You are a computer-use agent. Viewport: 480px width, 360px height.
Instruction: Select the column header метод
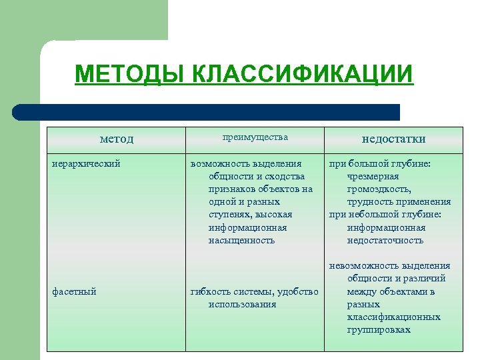click(117, 139)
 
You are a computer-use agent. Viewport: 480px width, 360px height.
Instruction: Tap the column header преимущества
click(255, 137)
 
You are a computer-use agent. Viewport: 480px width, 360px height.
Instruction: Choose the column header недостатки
click(393, 139)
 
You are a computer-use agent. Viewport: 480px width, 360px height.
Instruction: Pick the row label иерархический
click(86, 163)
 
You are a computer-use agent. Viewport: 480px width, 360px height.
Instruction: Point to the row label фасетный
click(74, 291)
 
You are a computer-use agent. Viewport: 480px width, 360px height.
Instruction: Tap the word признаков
click(230, 189)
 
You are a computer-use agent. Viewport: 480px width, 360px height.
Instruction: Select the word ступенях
click(228, 215)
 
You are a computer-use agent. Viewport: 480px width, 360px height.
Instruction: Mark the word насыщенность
click(241, 240)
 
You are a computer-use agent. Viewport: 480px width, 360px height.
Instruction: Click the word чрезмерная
click(373, 176)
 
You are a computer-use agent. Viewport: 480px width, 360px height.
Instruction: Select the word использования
click(242, 304)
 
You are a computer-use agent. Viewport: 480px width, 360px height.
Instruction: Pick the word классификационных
click(393, 317)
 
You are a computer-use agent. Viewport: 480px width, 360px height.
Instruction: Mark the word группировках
click(379, 329)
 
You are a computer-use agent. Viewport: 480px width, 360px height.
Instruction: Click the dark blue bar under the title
click(207, 112)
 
